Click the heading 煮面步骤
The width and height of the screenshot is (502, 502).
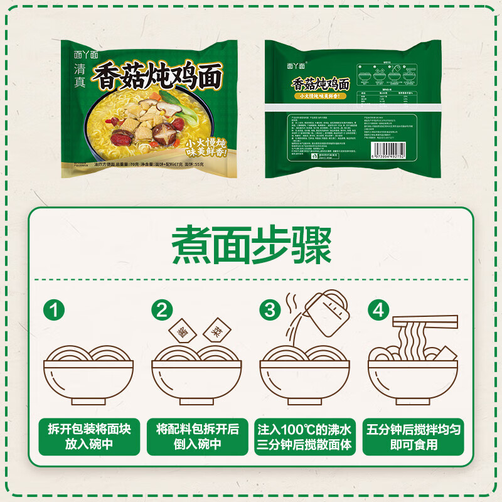coord(251,246)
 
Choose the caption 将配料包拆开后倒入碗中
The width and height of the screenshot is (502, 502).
coord(197,437)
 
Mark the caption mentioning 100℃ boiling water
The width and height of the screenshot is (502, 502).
coord(305,437)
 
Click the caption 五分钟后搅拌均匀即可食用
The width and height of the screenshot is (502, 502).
coord(414,437)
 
